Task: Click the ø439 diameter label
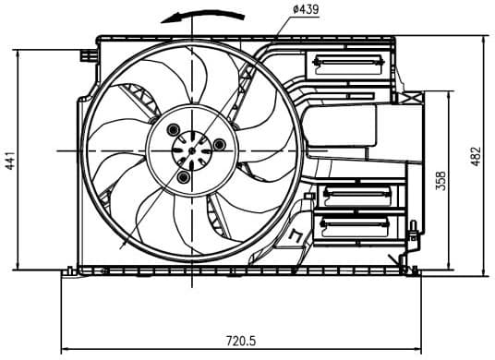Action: pyautogui.click(x=307, y=9)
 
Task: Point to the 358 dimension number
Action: pyautogui.click(x=441, y=181)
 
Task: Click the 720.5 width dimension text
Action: pyautogui.click(x=240, y=342)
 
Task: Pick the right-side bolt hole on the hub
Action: pyautogui.click(x=219, y=144)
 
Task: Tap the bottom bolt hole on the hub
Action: pyautogui.click(x=184, y=175)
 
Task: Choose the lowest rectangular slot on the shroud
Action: pyautogui.click(x=356, y=224)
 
